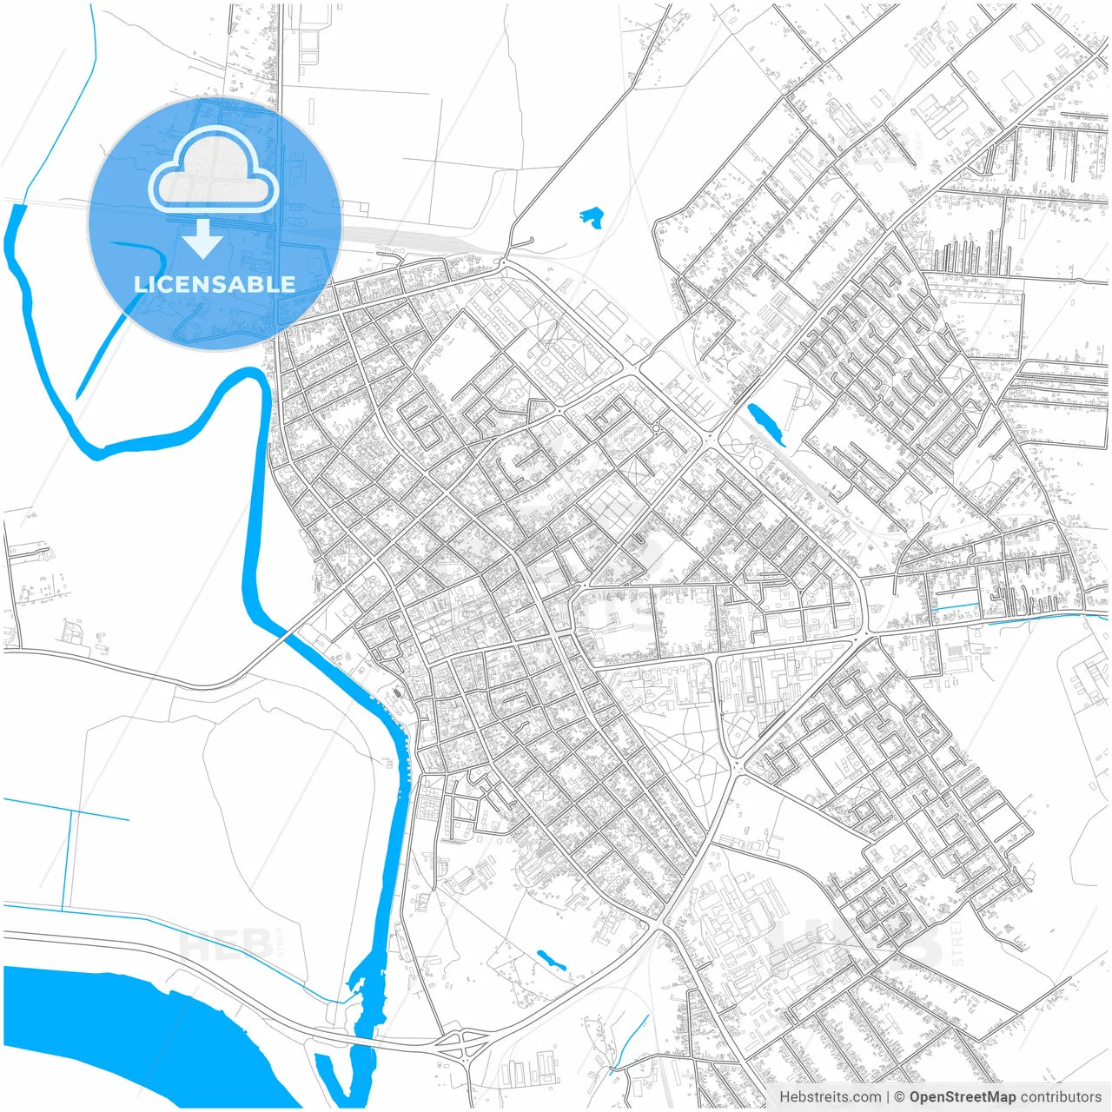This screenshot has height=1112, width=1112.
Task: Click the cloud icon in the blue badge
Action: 214,171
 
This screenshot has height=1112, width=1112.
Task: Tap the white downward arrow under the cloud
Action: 203,238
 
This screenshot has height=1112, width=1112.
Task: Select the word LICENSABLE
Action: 214,284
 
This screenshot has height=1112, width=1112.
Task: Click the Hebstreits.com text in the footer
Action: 829,1097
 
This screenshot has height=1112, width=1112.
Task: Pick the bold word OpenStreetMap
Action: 962,1097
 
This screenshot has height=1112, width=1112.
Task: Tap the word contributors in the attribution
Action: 1060,1097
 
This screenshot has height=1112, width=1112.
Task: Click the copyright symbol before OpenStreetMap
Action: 900,1097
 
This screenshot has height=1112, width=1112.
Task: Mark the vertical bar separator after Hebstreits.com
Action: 888,1097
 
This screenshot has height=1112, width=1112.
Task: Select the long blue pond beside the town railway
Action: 765,424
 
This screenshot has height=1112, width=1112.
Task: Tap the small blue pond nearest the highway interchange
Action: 550,960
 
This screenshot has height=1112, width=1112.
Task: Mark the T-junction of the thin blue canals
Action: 69,813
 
